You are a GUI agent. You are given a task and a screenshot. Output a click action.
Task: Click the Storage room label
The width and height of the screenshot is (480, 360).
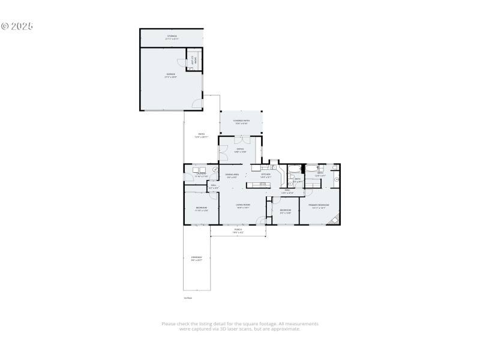pos(172,37)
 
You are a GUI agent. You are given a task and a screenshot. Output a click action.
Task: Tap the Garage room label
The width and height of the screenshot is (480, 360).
pos(171,75)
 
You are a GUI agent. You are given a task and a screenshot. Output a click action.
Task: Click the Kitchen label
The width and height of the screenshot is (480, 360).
pos(266,175)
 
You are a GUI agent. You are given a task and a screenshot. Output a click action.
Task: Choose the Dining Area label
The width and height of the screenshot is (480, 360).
pos(232,175)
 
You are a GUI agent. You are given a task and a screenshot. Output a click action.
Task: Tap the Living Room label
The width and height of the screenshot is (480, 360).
pos(243,206)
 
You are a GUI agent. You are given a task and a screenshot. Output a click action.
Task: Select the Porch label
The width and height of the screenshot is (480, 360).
pos(238,230)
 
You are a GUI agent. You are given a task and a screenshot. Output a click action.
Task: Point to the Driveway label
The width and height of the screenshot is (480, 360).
pos(196,259)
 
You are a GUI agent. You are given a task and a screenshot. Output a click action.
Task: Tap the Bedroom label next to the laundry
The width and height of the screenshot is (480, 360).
pos(201,209)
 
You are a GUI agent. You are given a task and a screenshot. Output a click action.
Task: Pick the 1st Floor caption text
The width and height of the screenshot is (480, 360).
pos(188,298)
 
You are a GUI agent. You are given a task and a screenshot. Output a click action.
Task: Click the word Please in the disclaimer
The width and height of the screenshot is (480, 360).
pos(169,324)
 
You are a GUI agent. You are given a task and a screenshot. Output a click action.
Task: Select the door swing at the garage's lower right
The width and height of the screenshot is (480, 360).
pos(196,104)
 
